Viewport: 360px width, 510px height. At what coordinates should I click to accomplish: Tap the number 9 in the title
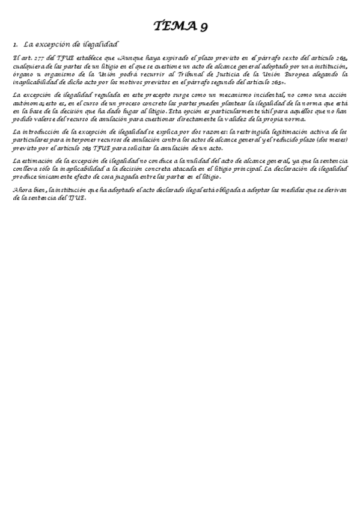(203, 26)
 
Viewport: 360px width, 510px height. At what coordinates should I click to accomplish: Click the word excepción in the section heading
(57, 45)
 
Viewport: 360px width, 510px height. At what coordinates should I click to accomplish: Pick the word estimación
(40, 161)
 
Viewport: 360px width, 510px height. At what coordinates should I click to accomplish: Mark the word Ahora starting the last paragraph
(22, 190)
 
